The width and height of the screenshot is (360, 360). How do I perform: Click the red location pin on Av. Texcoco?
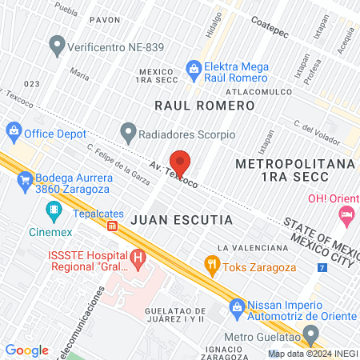[180, 162]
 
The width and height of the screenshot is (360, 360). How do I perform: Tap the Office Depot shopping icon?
[14, 130]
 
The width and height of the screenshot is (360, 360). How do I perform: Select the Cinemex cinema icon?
[54, 210]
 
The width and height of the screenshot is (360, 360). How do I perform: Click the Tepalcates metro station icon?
[113, 226]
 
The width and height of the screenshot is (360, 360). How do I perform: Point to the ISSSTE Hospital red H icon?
[138, 258]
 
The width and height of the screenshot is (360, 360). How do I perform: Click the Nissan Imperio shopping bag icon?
[237, 306]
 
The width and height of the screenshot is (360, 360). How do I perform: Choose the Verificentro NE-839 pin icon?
[56, 45]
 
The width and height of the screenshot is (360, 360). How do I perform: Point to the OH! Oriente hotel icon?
[346, 214]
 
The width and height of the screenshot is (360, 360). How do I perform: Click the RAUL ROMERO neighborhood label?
[192, 105]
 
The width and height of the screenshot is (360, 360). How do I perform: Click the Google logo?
[27, 350]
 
